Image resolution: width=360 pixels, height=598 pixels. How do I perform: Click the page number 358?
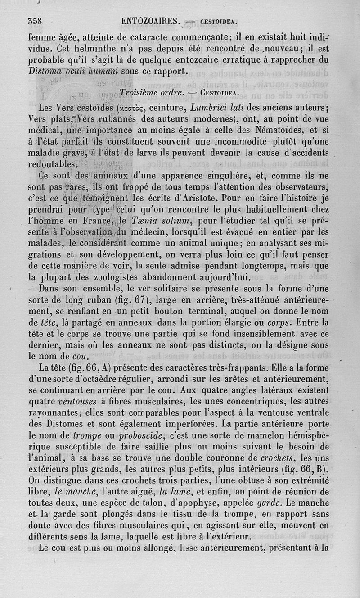pyautogui.click(x=35, y=21)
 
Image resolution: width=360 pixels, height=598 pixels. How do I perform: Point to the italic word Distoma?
pyautogui.click(x=45, y=71)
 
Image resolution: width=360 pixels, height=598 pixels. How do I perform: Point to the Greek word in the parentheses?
pyautogui.click(x=130, y=108)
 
